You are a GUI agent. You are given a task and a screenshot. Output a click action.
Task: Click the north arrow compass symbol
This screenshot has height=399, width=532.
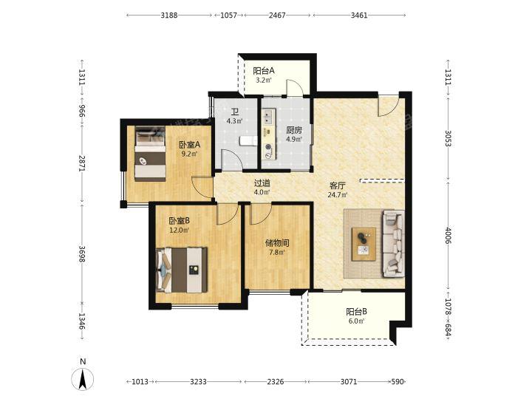pyautogui.click(x=83, y=378)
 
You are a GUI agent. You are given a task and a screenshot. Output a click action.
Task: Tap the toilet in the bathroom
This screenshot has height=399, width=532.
pyautogui.click(x=248, y=140)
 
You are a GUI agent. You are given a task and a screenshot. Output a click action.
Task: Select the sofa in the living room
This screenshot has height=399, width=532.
pyautogui.click(x=394, y=243)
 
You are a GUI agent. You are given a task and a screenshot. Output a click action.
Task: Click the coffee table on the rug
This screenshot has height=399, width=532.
pyautogui.click(x=364, y=244)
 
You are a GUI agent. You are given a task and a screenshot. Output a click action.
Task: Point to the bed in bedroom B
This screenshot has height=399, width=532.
pyautogui.click(x=182, y=270)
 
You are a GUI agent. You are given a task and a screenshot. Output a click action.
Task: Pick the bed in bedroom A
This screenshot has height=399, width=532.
pyautogui.click(x=150, y=154)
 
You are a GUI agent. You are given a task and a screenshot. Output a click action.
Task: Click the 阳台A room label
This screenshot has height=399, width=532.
pyautogui.click(x=264, y=71)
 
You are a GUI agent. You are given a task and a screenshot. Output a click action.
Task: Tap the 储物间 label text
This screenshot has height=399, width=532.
pyautogui.click(x=277, y=243)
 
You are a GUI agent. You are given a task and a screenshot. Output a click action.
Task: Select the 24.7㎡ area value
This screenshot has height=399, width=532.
pyautogui.click(x=338, y=195)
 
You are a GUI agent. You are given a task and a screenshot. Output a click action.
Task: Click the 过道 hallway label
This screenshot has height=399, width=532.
pyautogui.click(x=262, y=183)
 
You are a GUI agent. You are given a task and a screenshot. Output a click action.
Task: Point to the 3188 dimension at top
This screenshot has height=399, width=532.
pyautogui.click(x=169, y=15)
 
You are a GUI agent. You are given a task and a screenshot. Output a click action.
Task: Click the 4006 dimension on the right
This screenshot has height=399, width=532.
pyautogui.click(x=449, y=236)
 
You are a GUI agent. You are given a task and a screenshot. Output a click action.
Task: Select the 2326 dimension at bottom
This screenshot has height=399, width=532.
pyautogui.click(x=275, y=382)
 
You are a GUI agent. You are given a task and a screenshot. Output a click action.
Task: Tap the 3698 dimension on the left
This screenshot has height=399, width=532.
pyautogui.click(x=82, y=253)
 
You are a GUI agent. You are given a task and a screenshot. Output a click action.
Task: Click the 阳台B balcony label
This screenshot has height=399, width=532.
pyautogui.click(x=356, y=312)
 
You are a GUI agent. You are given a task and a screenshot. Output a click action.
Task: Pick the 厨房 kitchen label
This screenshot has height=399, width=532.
pyautogui.click(x=294, y=130)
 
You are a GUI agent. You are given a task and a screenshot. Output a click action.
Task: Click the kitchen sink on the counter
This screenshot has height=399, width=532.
pyautogui.click(x=267, y=117)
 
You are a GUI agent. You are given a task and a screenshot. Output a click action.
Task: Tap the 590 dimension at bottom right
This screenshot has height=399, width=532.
pyautogui.click(x=398, y=382)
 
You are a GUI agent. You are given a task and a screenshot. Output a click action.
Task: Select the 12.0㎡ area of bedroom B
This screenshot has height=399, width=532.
pyautogui.click(x=179, y=230)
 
